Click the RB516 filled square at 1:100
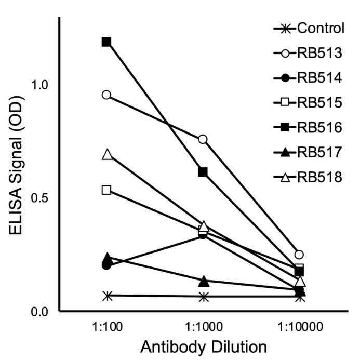click(106, 42)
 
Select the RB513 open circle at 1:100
click(106, 95)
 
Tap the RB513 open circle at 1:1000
click(203, 139)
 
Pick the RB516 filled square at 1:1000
click(203, 172)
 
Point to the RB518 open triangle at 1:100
click(107, 154)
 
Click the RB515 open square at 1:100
click(106, 190)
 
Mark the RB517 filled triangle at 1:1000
click(204, 282)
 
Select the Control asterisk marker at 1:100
click(107, 296)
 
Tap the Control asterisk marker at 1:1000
click(204, 297)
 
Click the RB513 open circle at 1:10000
click(299, 255)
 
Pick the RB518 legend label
click(319, 178)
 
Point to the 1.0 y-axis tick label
click(39, 85)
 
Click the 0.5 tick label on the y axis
click(39, 198)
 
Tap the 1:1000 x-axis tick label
click(203, 328)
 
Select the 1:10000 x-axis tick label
click(300, 328)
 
